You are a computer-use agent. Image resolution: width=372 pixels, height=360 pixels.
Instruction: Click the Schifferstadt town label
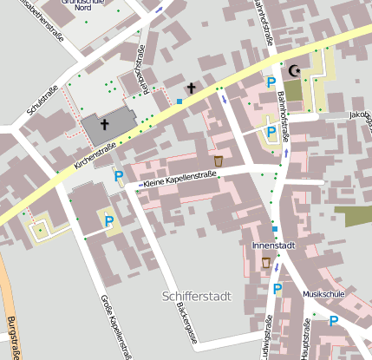coord(197,297)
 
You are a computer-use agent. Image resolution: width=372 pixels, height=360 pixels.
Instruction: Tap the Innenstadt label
coord(273,245)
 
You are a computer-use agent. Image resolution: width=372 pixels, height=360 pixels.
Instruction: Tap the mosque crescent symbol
coord(294,70)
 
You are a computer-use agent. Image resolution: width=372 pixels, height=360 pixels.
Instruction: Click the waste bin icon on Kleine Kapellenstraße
coord(219,160)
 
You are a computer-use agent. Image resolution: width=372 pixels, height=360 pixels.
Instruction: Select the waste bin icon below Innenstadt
coord(265,263)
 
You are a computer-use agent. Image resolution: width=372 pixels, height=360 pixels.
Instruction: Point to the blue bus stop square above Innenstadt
coord(274,229)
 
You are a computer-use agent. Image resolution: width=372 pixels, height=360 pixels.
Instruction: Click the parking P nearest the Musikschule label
coord(333,321)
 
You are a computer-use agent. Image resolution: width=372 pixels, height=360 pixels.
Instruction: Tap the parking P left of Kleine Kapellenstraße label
coord(119,177)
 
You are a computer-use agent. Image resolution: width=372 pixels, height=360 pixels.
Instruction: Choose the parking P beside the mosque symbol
coord(271,82)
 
